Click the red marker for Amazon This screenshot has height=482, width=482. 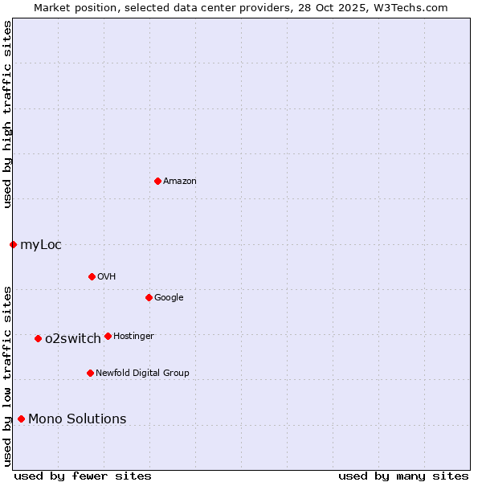click(x=157, y=181)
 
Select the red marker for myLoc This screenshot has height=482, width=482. click(x=14, y=244)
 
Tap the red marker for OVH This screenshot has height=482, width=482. click(x=92, y=276)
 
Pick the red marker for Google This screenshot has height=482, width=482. click(x=149, y=297)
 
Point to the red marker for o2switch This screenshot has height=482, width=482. click(x=38, y=338)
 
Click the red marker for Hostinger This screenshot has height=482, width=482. click(x=108, y=336)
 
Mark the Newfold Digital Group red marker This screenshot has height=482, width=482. click(x=90, y=373)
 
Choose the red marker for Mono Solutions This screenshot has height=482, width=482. click(x=21, y=419)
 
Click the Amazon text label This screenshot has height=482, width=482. click(x=180, y=182)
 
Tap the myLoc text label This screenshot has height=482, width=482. click(x=41, y=245)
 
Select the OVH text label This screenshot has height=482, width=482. click(x=107, y=277)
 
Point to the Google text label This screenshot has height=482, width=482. click(x=169, y=298)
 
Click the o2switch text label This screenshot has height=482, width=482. click(x=73, y=339)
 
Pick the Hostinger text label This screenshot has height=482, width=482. click(x=133, y=336)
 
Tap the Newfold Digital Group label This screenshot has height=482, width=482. click(x=142, y=373)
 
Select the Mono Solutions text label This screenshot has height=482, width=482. click(x=77, y=419)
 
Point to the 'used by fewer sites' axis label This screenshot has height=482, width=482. click(x=83, y=476)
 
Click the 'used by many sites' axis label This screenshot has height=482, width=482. click(x=403, y=476)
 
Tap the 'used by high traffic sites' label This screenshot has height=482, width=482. click(x=8, y=114)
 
